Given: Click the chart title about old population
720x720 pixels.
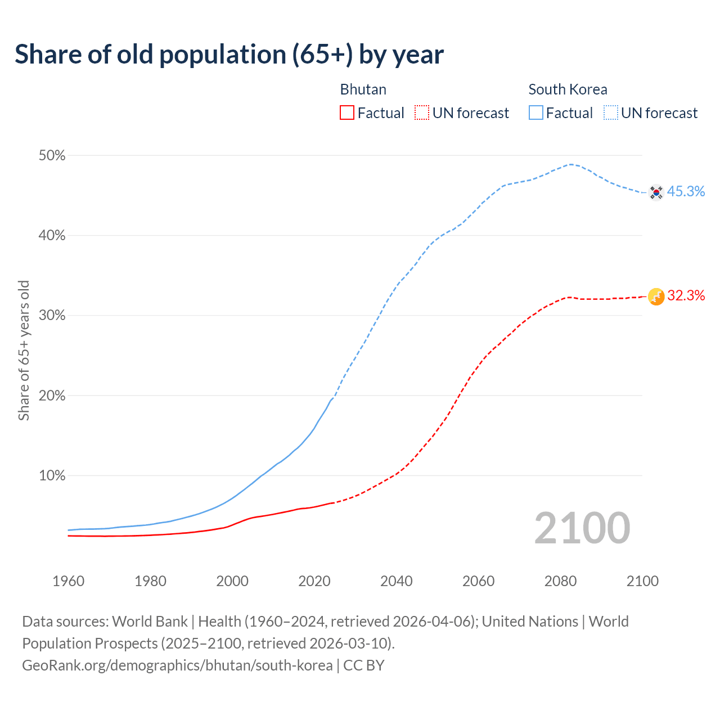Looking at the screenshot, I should [x=229, y=55].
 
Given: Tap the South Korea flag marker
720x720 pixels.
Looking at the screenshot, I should [x=656, y=192].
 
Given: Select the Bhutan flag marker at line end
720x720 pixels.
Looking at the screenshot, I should [x=656, y=296].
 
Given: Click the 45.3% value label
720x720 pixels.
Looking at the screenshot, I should [x=686, y=192].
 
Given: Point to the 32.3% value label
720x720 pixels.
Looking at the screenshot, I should [x=686, y=296].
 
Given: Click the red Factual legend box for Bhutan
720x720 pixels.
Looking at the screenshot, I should [x=347, y=113].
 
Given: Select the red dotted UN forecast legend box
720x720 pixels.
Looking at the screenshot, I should [x=422, y=113].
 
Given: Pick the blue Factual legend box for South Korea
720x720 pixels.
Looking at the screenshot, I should [x=536, y=113].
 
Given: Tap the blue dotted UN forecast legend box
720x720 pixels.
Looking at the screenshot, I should [x=610, y=113].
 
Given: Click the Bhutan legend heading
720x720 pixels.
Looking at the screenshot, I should [x=363, y=89].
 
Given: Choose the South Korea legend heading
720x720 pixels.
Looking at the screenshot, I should [x=568, y=89].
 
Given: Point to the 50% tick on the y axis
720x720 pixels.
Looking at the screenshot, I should [x=52, y=156].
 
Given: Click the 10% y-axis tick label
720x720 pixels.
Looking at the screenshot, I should [x=52, y=476].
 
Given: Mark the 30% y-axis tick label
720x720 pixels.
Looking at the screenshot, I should [x=52, y=316].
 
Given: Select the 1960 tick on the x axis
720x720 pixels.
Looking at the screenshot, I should [x=68, y=581].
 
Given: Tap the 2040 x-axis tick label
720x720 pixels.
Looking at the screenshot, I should [x=396, y=581].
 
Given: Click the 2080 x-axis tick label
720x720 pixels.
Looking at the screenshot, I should [x=560, y=581].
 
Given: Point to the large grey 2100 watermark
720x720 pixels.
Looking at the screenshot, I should [x=582, y=528].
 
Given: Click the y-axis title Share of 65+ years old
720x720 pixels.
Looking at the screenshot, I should [x=24, y=350].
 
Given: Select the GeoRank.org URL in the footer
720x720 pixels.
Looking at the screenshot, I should [x=177, y=665].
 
